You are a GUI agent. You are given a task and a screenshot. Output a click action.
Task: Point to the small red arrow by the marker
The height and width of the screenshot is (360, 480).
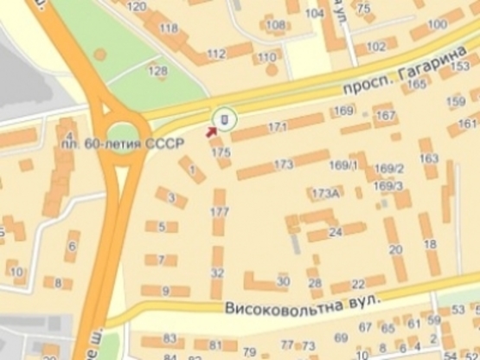(210, 132)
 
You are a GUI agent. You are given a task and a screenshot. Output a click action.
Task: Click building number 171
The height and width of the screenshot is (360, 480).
(277, 128)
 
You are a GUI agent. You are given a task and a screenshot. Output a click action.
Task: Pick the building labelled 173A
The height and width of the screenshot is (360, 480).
(325, 192)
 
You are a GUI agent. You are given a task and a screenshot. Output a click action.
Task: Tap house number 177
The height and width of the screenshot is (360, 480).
(219, 211)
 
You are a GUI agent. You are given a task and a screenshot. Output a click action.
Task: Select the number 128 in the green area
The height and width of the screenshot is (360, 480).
(158, 70)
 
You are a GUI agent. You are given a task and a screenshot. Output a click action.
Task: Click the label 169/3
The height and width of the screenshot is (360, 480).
(389, 185)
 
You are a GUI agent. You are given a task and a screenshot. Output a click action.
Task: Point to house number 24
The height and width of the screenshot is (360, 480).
(336, 230)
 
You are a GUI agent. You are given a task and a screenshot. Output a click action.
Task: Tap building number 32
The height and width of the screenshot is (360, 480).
(217, 273)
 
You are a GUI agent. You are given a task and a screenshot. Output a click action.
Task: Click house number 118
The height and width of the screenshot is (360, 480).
(169, 28)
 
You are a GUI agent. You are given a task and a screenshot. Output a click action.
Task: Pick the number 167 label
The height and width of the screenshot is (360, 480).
(386, 114)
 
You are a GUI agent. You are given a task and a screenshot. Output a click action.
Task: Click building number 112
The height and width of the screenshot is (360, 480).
(216, 54)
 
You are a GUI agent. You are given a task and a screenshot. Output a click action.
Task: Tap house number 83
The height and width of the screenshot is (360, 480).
(170, 338)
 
